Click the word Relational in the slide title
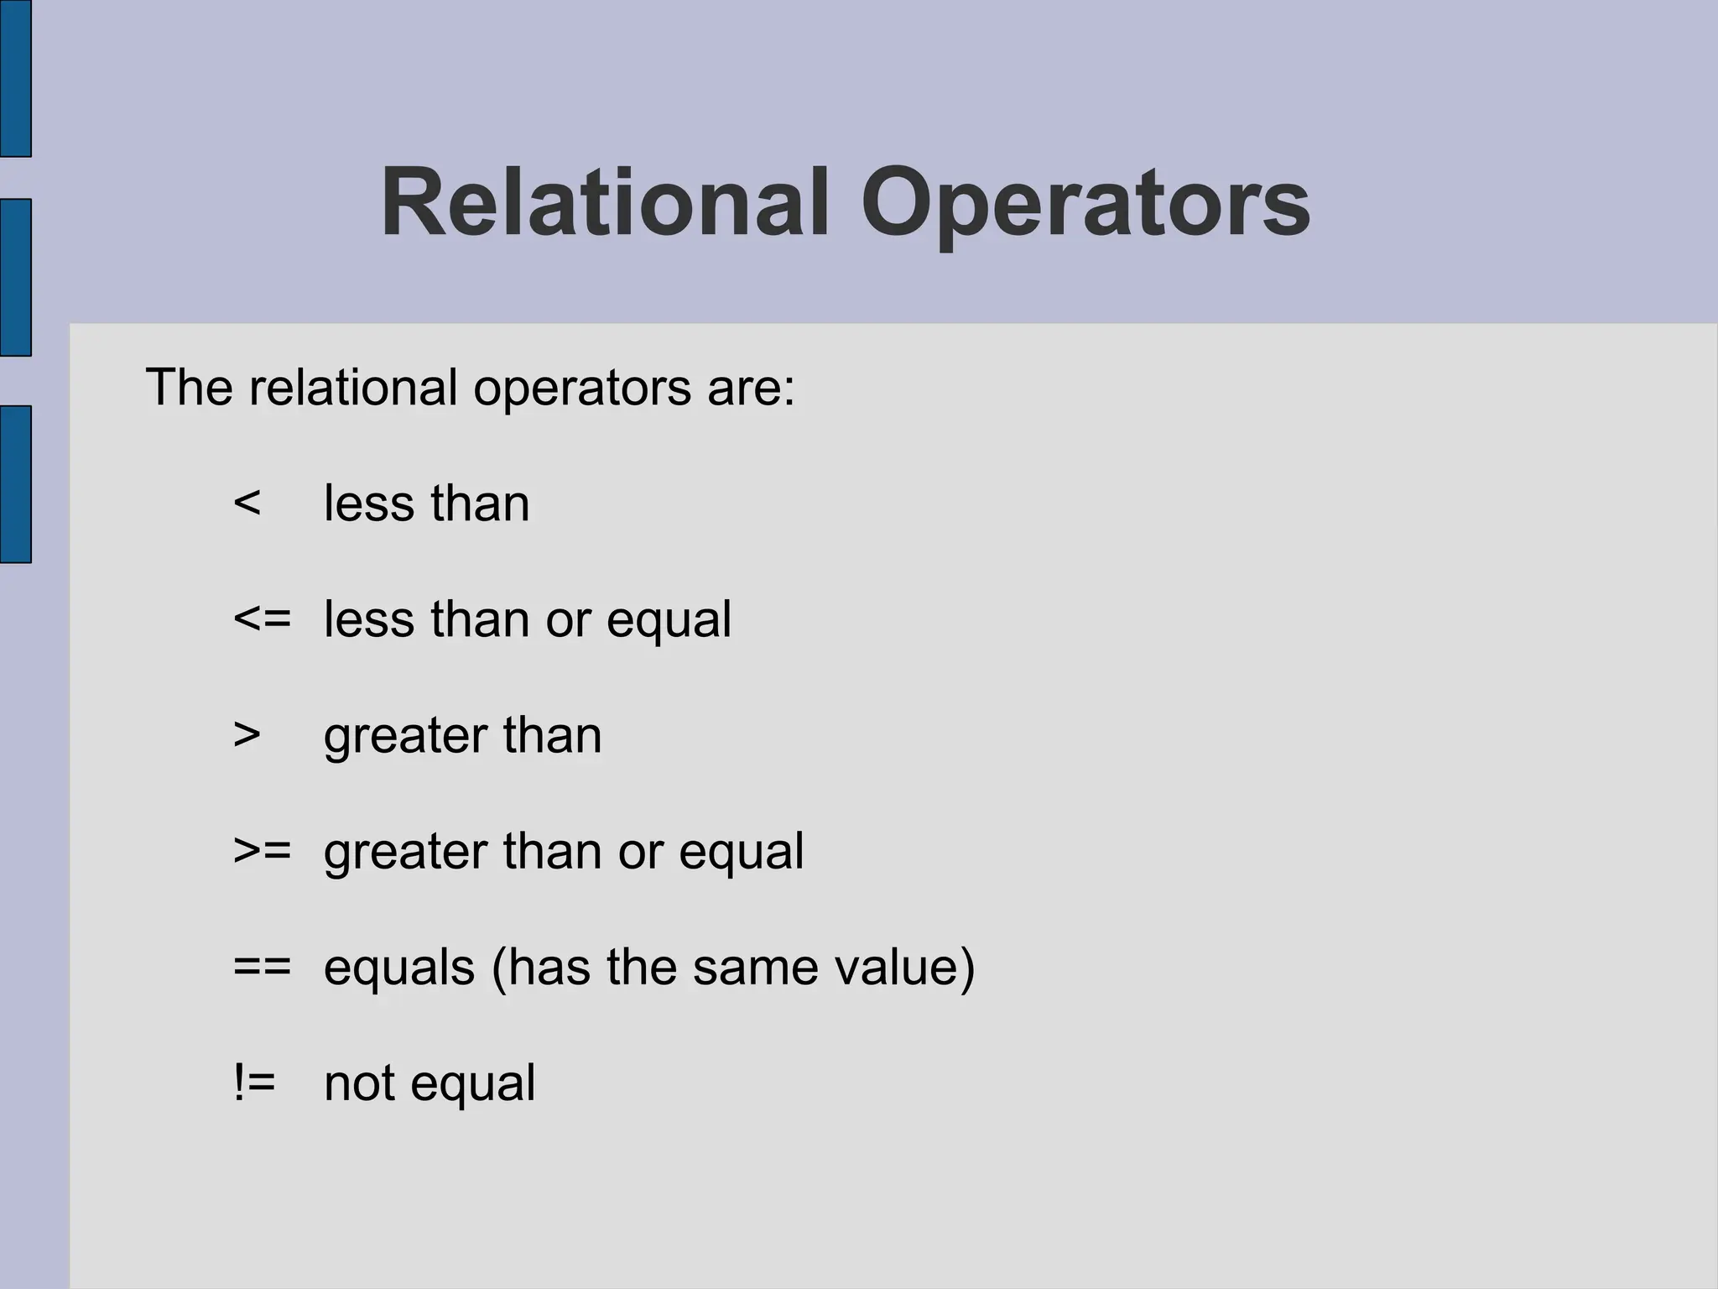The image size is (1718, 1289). click(x=605, y=204)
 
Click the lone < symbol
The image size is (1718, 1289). click(x=247, y=504)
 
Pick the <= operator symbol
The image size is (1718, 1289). click(x=263, y=619)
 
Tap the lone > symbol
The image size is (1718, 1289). click(x=247, y=735)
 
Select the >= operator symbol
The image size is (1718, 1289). click(x=263, y=851)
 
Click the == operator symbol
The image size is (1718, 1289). click(x=263, y=967)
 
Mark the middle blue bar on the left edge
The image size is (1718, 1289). click(x=16, y=278)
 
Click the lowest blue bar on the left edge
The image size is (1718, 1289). click(x=16, y=484)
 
